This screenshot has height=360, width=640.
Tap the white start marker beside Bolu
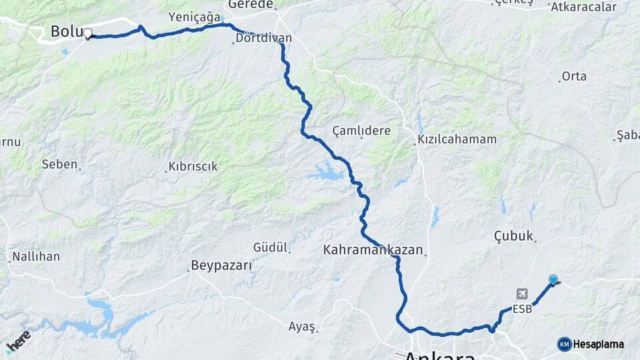[87, 33]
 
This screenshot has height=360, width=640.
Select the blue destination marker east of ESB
[553, 280]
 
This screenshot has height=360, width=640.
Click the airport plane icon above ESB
[521, 294]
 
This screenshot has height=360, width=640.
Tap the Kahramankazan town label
[373, 251]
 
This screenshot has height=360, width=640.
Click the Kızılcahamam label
[457, 139]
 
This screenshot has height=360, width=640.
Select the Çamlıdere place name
[362, 131]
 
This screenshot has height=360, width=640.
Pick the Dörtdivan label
[263, 38]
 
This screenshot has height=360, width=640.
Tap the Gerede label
[256, 5]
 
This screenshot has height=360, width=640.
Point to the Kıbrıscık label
[193, 167]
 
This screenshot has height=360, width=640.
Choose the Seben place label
[60, 163]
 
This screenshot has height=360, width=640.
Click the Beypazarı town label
[221, 265]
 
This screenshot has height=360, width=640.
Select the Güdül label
[270, 247]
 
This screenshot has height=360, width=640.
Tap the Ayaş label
[301, 327]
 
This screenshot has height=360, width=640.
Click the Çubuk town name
[513, 235]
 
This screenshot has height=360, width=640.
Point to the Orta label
[574, 76]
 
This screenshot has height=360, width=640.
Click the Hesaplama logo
[591, 344]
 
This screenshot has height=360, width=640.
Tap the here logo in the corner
[18, 341]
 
